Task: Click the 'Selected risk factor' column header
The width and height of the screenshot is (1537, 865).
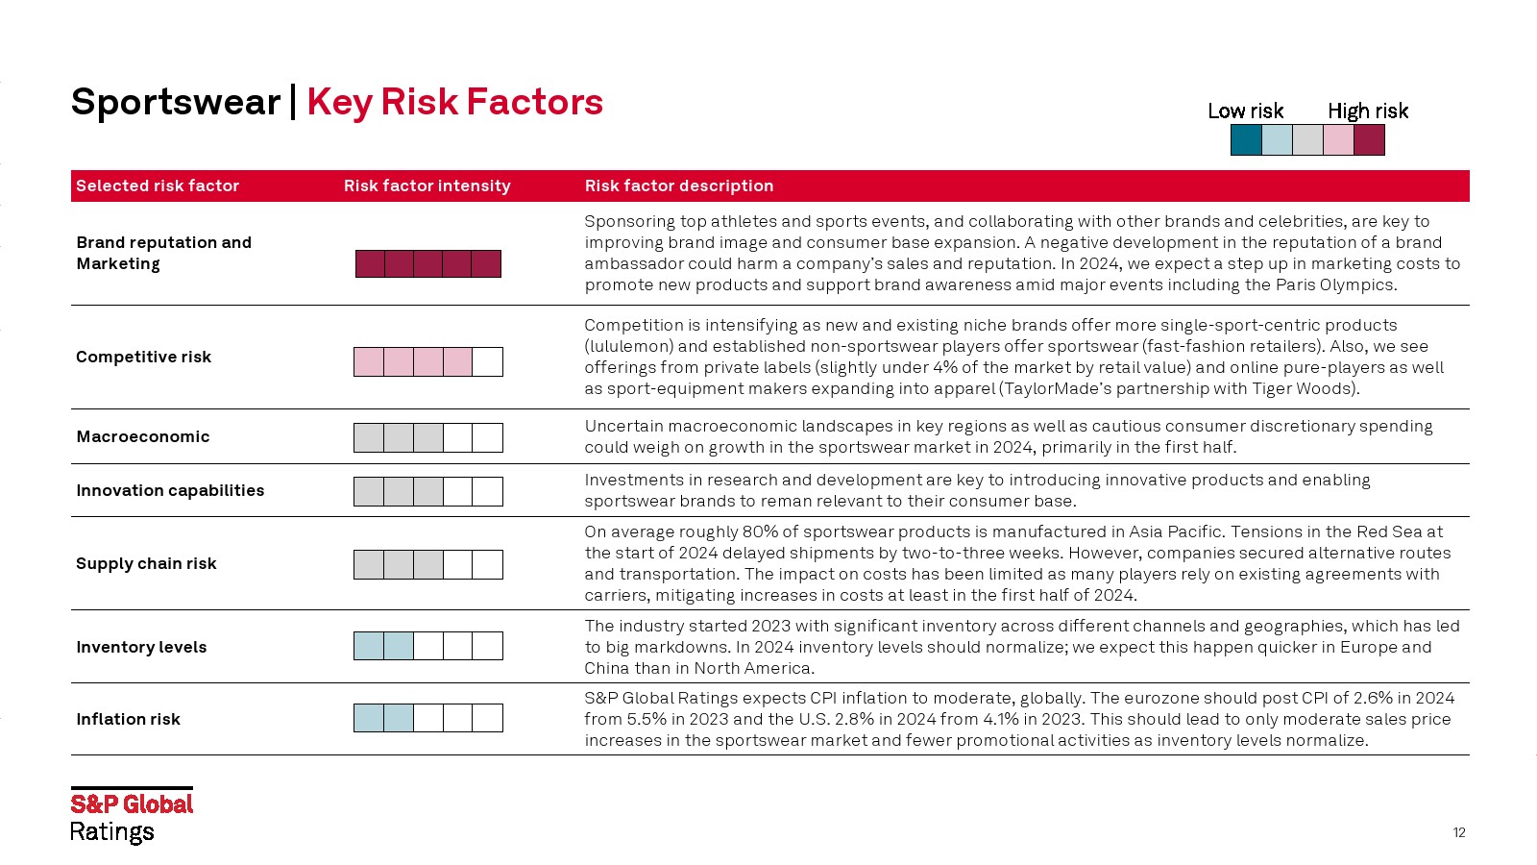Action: click(158, 185)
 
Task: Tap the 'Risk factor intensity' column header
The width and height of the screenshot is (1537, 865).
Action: click(427, 185)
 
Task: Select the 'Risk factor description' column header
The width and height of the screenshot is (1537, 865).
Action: click(678, 185)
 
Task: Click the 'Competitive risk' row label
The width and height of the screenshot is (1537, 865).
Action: click(143, 357)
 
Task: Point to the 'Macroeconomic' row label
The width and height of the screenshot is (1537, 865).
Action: click(143, 436)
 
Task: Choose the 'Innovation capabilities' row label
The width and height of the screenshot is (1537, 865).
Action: click(170, 490)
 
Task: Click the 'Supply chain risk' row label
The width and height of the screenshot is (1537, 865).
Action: click(146, 563)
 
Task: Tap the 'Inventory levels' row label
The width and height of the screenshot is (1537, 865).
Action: click(141, 647)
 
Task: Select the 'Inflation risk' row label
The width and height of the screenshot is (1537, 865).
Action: click(129, 719)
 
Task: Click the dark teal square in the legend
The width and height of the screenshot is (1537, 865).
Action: click(1246, 140)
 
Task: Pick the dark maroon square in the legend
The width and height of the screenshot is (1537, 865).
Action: click(1369, 140)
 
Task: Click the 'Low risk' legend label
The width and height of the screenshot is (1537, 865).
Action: click(1245, 111)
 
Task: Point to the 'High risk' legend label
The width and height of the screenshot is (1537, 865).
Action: click(1368, 111)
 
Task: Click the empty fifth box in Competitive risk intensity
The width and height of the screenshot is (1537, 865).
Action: click(487, 361)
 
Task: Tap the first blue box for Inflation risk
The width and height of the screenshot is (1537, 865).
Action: click(369, 718)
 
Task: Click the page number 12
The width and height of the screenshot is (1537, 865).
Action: click(1459, 832)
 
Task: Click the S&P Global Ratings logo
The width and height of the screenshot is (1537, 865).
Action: click(132, 815)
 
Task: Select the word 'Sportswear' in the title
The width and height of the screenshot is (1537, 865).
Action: click(176, 102)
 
